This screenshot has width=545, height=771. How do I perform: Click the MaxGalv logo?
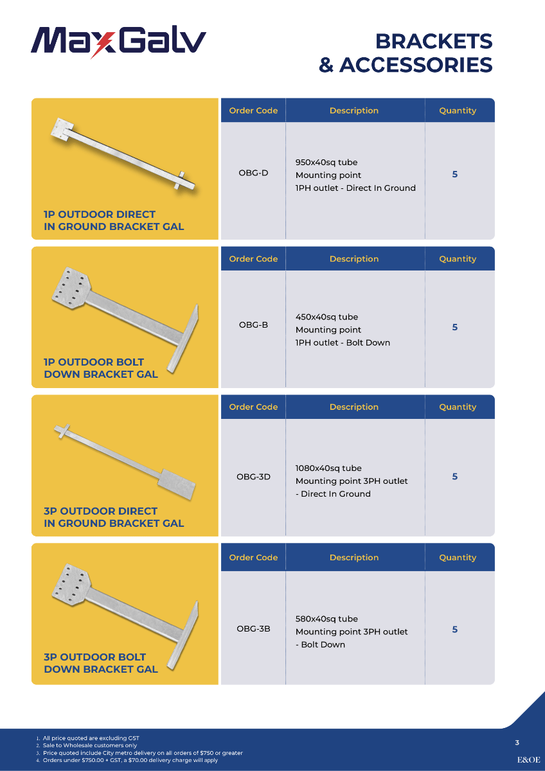coord(118,42)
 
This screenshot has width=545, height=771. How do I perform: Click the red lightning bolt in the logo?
coord(103,45)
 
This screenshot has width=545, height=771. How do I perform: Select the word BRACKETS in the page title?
coord(434,42)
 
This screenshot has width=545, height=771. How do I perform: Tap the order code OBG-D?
coord(253,173)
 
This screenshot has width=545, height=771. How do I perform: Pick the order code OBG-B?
coord(253,324)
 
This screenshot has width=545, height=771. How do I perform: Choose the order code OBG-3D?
coord(253,477)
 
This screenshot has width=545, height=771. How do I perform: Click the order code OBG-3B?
coord(253,629)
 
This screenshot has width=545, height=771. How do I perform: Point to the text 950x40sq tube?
coord(326,162)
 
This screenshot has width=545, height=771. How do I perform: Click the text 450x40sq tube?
coord(326,317)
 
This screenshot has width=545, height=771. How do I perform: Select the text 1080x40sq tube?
coord(328,468)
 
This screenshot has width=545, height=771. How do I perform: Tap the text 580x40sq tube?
coord(326,619)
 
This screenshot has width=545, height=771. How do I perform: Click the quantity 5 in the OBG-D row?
coord(455,174)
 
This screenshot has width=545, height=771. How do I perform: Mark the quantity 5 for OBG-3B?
coord(455,629)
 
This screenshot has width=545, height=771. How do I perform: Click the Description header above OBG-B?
coord(354,259)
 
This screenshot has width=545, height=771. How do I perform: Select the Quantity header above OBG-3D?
coord(458,407)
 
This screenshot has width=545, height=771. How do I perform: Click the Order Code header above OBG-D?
coord(253,111)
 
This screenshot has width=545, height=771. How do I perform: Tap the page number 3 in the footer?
coord(517,743)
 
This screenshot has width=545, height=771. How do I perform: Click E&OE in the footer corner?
coord(528,759)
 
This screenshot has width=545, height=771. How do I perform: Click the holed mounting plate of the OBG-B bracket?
coord(71,288)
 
